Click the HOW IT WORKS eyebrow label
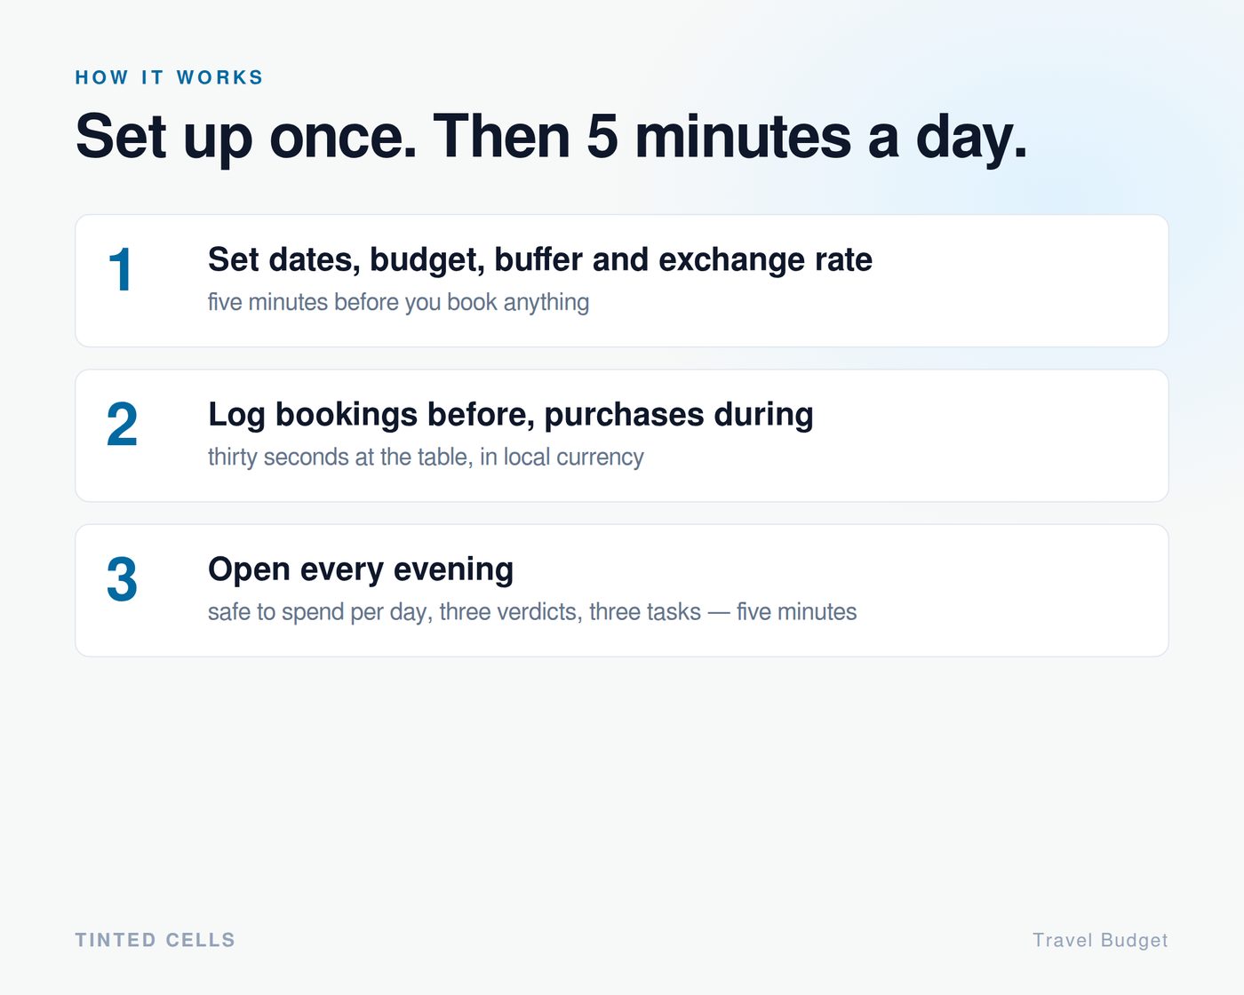click(x=169, y=77)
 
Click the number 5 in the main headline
click(x=602, y=136)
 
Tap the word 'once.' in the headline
click(x=343, y=138)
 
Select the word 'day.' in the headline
click(x=971, y=139)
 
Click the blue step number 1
click(x=120, y=269)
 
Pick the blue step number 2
click(x=122, y=425)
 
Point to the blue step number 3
click(x=122, y=579)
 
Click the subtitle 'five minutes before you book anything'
click(x=398, y=302)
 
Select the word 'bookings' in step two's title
click(x=347, y=415)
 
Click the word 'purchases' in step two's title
click(x=625, y=415)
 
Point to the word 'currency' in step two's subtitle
click(x=600, y=458)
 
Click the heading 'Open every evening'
click(x=361, y=570)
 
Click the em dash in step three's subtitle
click(x=719, y=612)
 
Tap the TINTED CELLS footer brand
click(x=155, y=940)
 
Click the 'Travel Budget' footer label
click(x=1101, y=941)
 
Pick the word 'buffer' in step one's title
click(x=538, y=259)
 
